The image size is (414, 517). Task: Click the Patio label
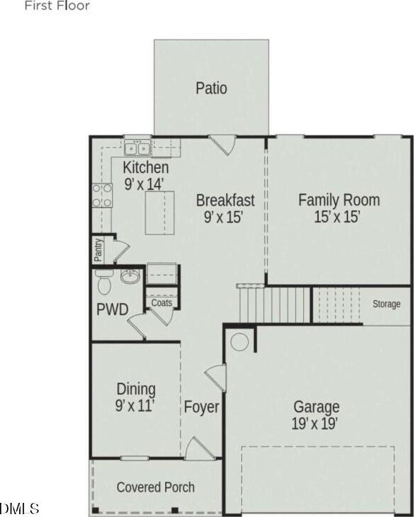coord(211,88)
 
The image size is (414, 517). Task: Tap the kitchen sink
coord(138,148)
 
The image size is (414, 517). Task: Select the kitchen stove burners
coord(102,195)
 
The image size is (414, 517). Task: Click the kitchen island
coord(159,213)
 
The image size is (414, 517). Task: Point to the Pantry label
coord(98,249)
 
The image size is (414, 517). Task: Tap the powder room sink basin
coord(130,276)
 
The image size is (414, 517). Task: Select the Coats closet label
coord(162,302)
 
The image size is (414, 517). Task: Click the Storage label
coord(386,304)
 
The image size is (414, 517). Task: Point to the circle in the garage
coord(239,342)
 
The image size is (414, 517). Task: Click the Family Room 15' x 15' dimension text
coord(336,218)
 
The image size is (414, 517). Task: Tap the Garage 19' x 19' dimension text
coord(315,423)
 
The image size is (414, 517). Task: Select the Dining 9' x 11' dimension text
coord(135,405)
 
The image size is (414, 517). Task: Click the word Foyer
coord(201,407)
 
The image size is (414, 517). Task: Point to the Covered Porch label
coord(155,487)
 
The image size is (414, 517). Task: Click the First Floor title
coord(57,5)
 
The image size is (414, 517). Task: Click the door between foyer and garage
coord(216,378)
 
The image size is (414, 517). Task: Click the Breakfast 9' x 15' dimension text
coord(224,217)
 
